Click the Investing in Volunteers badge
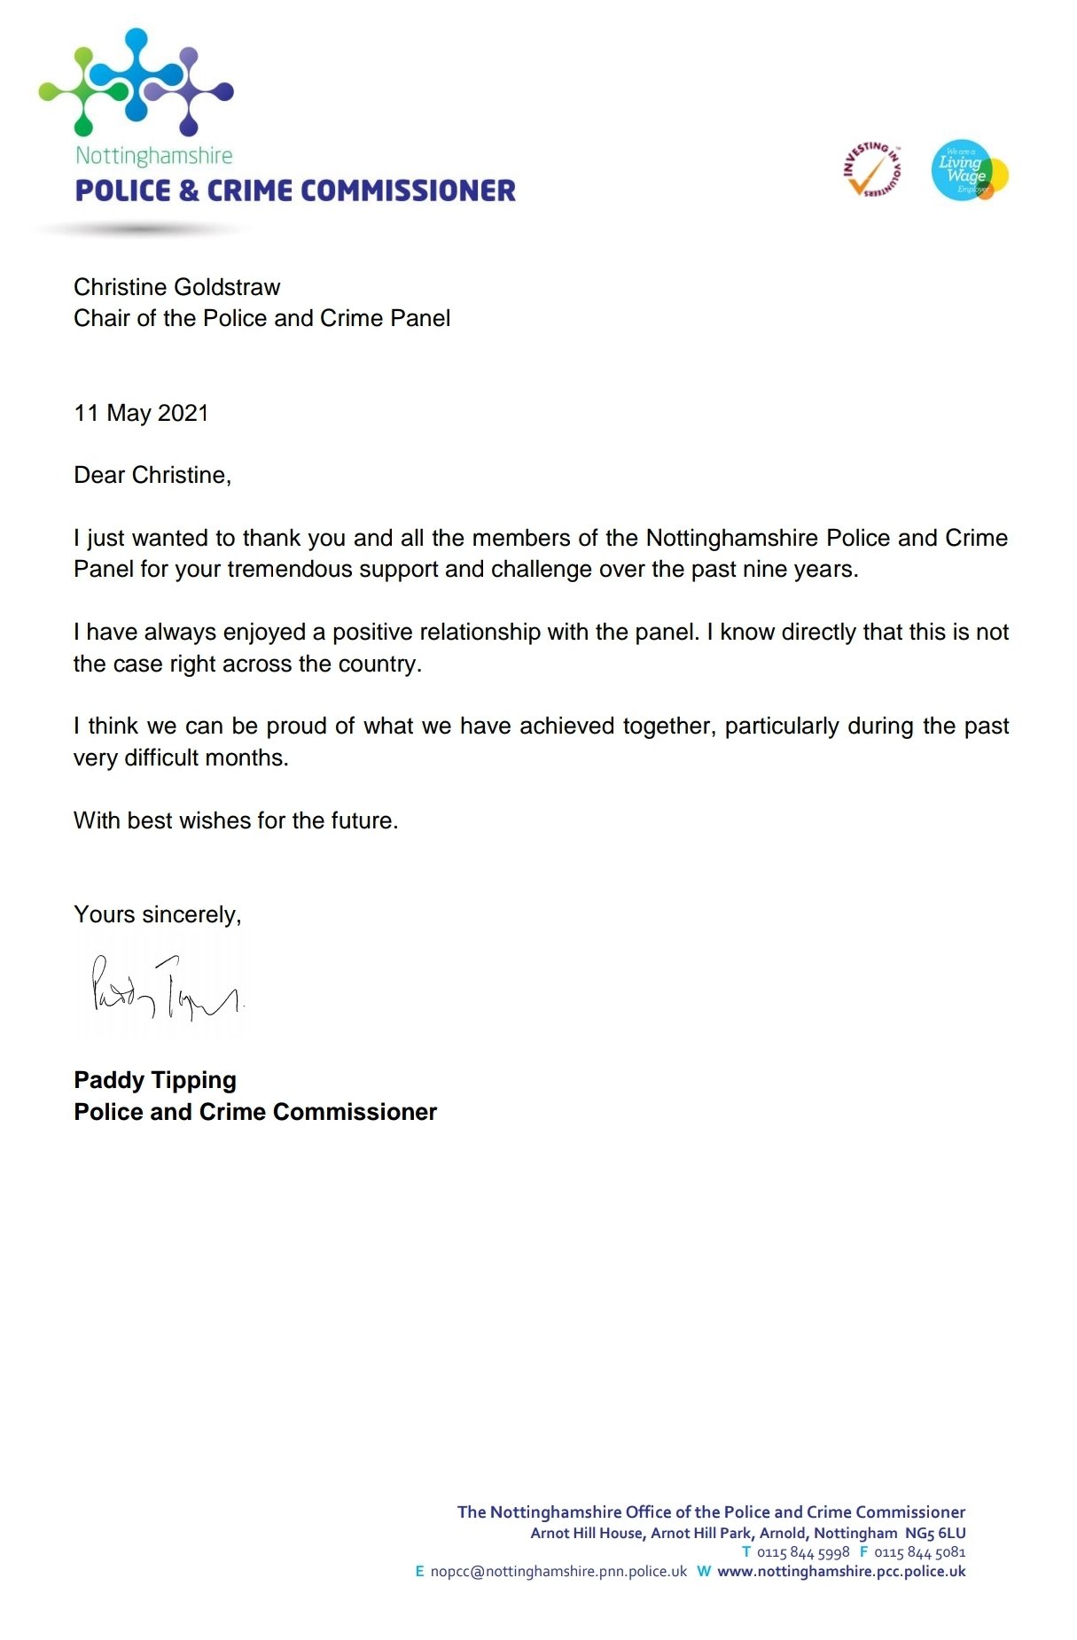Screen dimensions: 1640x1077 [871, 170]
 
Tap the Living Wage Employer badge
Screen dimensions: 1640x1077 [969, 170]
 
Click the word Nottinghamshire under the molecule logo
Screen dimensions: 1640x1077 [154, 156]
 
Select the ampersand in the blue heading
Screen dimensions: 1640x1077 [189, 190]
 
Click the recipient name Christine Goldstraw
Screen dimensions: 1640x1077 [176, 287]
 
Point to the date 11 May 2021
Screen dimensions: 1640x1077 [141, 413]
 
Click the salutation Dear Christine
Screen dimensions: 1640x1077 [152, 476]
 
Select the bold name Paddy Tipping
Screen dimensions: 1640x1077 [155, 1080]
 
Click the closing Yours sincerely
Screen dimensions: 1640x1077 [158, 914]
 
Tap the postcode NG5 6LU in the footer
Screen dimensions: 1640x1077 [935, 1533]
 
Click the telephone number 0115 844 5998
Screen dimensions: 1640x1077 [803, 1552]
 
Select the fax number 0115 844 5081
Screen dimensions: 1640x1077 [920, 1552]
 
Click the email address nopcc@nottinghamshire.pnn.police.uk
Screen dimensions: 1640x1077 [558, 1572]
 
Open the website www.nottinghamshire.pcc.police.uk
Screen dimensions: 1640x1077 [841, 1572]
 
